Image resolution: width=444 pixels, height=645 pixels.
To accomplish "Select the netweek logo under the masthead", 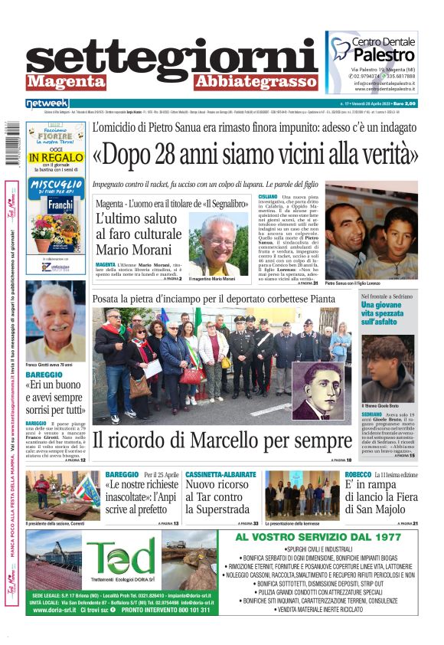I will click(x=47, y=103).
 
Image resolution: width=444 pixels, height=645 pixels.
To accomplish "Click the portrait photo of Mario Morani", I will click(x=220, y=244).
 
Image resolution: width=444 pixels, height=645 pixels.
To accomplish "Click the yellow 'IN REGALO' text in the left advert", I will click(x=55, y=157).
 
